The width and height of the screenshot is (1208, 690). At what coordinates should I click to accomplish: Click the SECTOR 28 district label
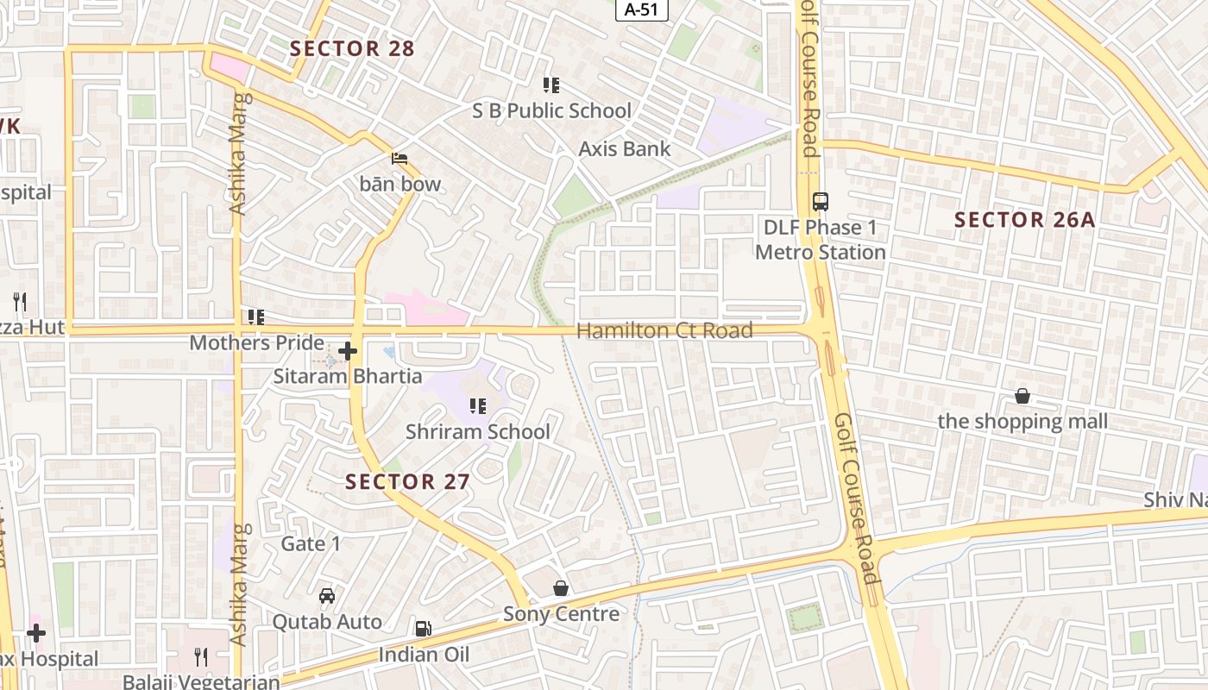(x=352, y=49)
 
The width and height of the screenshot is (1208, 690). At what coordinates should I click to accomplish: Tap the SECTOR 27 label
(x=407, y=482)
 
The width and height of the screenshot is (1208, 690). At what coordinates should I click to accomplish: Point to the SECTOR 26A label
(x=1024, y=220)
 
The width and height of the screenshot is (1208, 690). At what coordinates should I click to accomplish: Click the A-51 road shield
(x=641, y=9)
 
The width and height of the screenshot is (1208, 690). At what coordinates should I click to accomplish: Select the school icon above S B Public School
(x=551, y=85)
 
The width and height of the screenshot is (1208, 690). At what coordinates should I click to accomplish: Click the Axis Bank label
(x=624, y=149)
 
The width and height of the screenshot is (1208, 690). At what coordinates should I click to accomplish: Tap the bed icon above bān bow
(x=400, y=159)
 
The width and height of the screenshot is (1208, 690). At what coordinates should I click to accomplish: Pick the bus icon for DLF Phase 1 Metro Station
(x=820, y=202)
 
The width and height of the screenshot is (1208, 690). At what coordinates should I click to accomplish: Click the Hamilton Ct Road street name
(x=664, y=330)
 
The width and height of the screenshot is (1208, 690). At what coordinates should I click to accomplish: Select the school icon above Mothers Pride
(x=255, y=317)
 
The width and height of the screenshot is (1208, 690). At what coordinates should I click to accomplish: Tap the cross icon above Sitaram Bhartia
(x=348, y=351)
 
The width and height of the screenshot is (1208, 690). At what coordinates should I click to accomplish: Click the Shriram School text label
(x=477, y=432)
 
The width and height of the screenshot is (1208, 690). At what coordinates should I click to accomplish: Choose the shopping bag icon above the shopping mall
(x=1022, y=396)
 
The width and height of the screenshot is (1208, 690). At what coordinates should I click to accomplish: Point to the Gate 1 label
(x=311, y=544)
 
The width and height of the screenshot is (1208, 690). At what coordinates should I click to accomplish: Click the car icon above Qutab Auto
(x=327, y=596)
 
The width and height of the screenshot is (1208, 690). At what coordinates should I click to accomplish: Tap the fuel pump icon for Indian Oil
(x=423, y=630)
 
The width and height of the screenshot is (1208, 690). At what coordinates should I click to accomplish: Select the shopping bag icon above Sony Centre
(x=561, y=588)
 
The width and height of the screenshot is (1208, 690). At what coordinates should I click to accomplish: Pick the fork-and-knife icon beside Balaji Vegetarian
(x=201, y=657)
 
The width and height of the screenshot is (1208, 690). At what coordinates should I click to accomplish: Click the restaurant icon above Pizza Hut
(x=20, y=302)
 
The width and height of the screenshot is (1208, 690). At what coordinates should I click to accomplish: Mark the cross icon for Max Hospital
(x=36, y=633)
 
